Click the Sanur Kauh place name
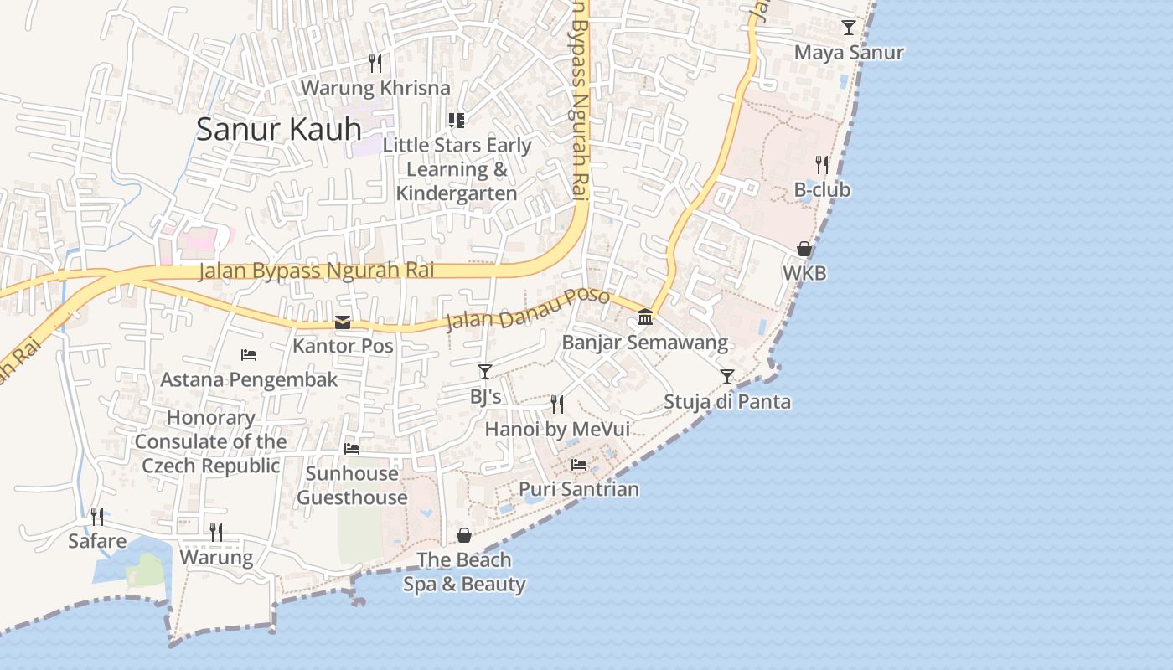pos(278,129)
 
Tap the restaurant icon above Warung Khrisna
pos(375,63)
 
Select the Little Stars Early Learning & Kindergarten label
pos(457,168)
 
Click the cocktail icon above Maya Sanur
pos(849,28)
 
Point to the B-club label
pos(822,190)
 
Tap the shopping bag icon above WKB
pos(804,249)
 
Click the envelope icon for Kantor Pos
pos(343,322)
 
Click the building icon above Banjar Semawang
pos(645,317)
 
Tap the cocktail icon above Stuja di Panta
pos(727,377)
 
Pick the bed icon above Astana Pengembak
pos(249,355)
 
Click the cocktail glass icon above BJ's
pos(485,371)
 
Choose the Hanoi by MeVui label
pos(557,430)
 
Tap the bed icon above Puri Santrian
pos(579,464)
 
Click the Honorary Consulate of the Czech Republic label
pos(210,441)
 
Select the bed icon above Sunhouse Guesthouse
pos(352,449)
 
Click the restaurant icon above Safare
pos(97,516)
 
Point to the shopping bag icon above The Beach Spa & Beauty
pos(464,535)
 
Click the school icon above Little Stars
pos(457,121)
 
